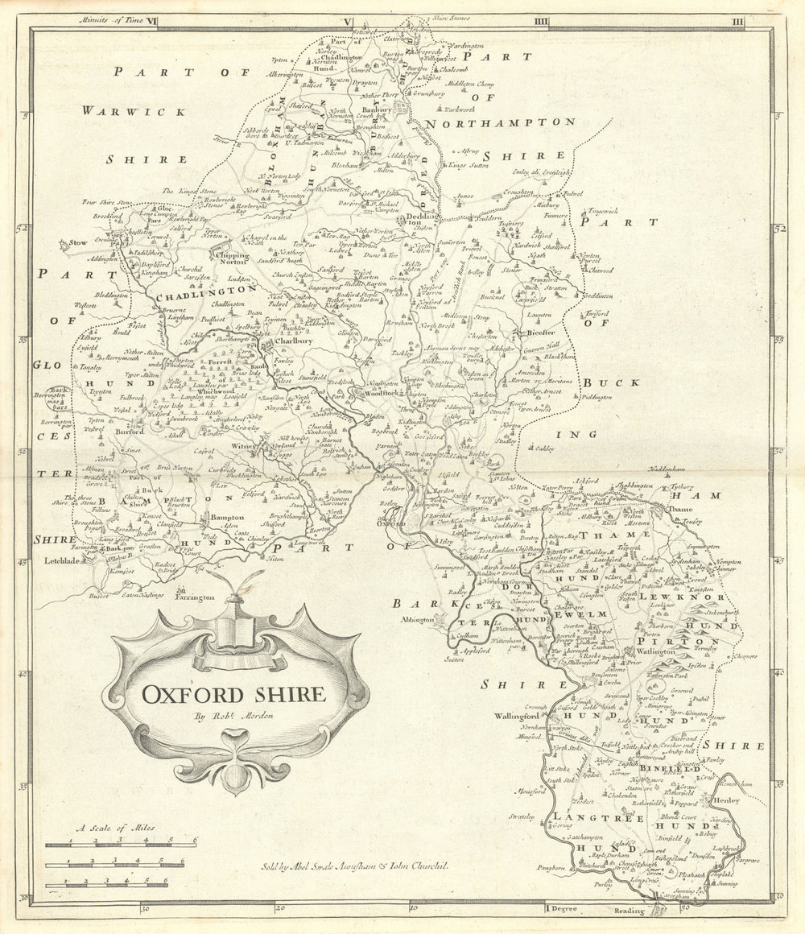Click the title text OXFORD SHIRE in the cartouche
[234, 693]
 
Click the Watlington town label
[653, 651]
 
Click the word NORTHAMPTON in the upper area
[500, 122]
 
